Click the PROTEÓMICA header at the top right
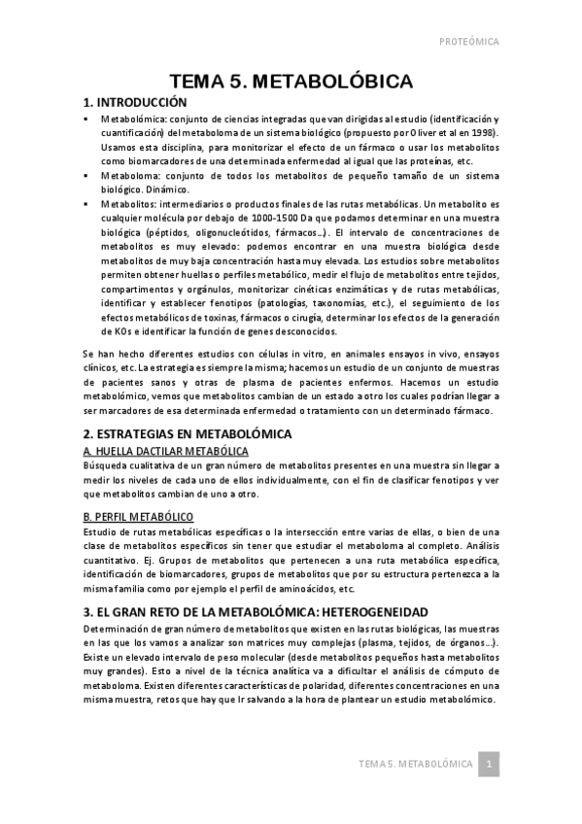pyautogui.click(x=468, y=42)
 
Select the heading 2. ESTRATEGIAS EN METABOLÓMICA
pyautogui.click(x=188, y=432)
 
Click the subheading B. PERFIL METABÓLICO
pyautogui.click(x=137, y=515)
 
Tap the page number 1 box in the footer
pyautogui.click(x=492, y=766)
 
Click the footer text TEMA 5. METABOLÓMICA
pyautogui.click(x=414, y=766)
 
